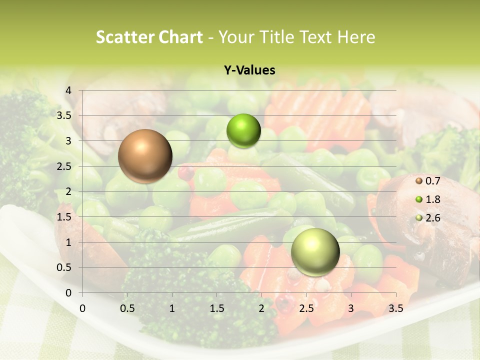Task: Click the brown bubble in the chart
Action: point(145,156)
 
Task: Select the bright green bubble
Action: point(243,131)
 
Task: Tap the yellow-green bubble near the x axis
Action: point(315,252)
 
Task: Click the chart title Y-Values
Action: point(249,70)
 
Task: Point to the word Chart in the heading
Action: point(181,37)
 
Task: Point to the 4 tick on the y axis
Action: point(68,90)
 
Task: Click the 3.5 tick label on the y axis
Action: point(65,115)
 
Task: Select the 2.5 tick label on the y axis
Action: point(65,166)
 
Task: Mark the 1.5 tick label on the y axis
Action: point(65,217)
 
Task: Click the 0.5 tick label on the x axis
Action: point(127,308)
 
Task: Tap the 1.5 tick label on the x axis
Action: point(217,308)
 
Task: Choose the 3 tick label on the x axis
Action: point(351,308)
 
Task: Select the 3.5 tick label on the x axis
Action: point(395,308)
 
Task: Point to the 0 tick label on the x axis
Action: point(82,308)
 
